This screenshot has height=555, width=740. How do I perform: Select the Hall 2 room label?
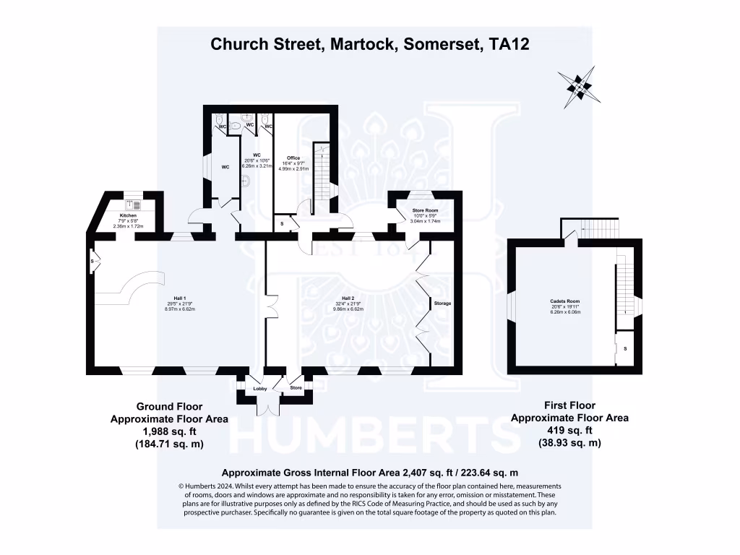pyautogui.click(x=348, y=298)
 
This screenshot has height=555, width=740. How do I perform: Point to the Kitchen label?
pyautogui.click(x=129, y=215)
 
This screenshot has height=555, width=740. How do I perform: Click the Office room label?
pyautogui.click(x=293, y=158)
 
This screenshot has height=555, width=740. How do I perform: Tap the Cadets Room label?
pyautogui.click(x=565, y=301)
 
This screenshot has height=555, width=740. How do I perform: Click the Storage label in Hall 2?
pyautogui.click(x=442, y=304)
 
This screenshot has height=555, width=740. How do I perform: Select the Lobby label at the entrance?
pyautogui.click(x=260, y=389)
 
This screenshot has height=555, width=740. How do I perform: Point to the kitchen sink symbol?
pyautogui.click(x=132, y=204)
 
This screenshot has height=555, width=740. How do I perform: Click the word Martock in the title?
pyautogui.click(x=361, y=44)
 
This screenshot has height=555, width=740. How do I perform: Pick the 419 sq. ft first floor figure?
pyautogui.click(x=569, y=430)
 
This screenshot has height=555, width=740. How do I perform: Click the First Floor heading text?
pyautogui.click(x=569, y=405)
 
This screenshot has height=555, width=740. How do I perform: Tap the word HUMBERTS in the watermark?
pyautogui.click(x=376, y=434)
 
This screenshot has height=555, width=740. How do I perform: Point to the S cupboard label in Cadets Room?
pyautogui.click(x=625, y=349)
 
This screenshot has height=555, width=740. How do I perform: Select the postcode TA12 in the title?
pyautogui.click(x=509, y=44)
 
